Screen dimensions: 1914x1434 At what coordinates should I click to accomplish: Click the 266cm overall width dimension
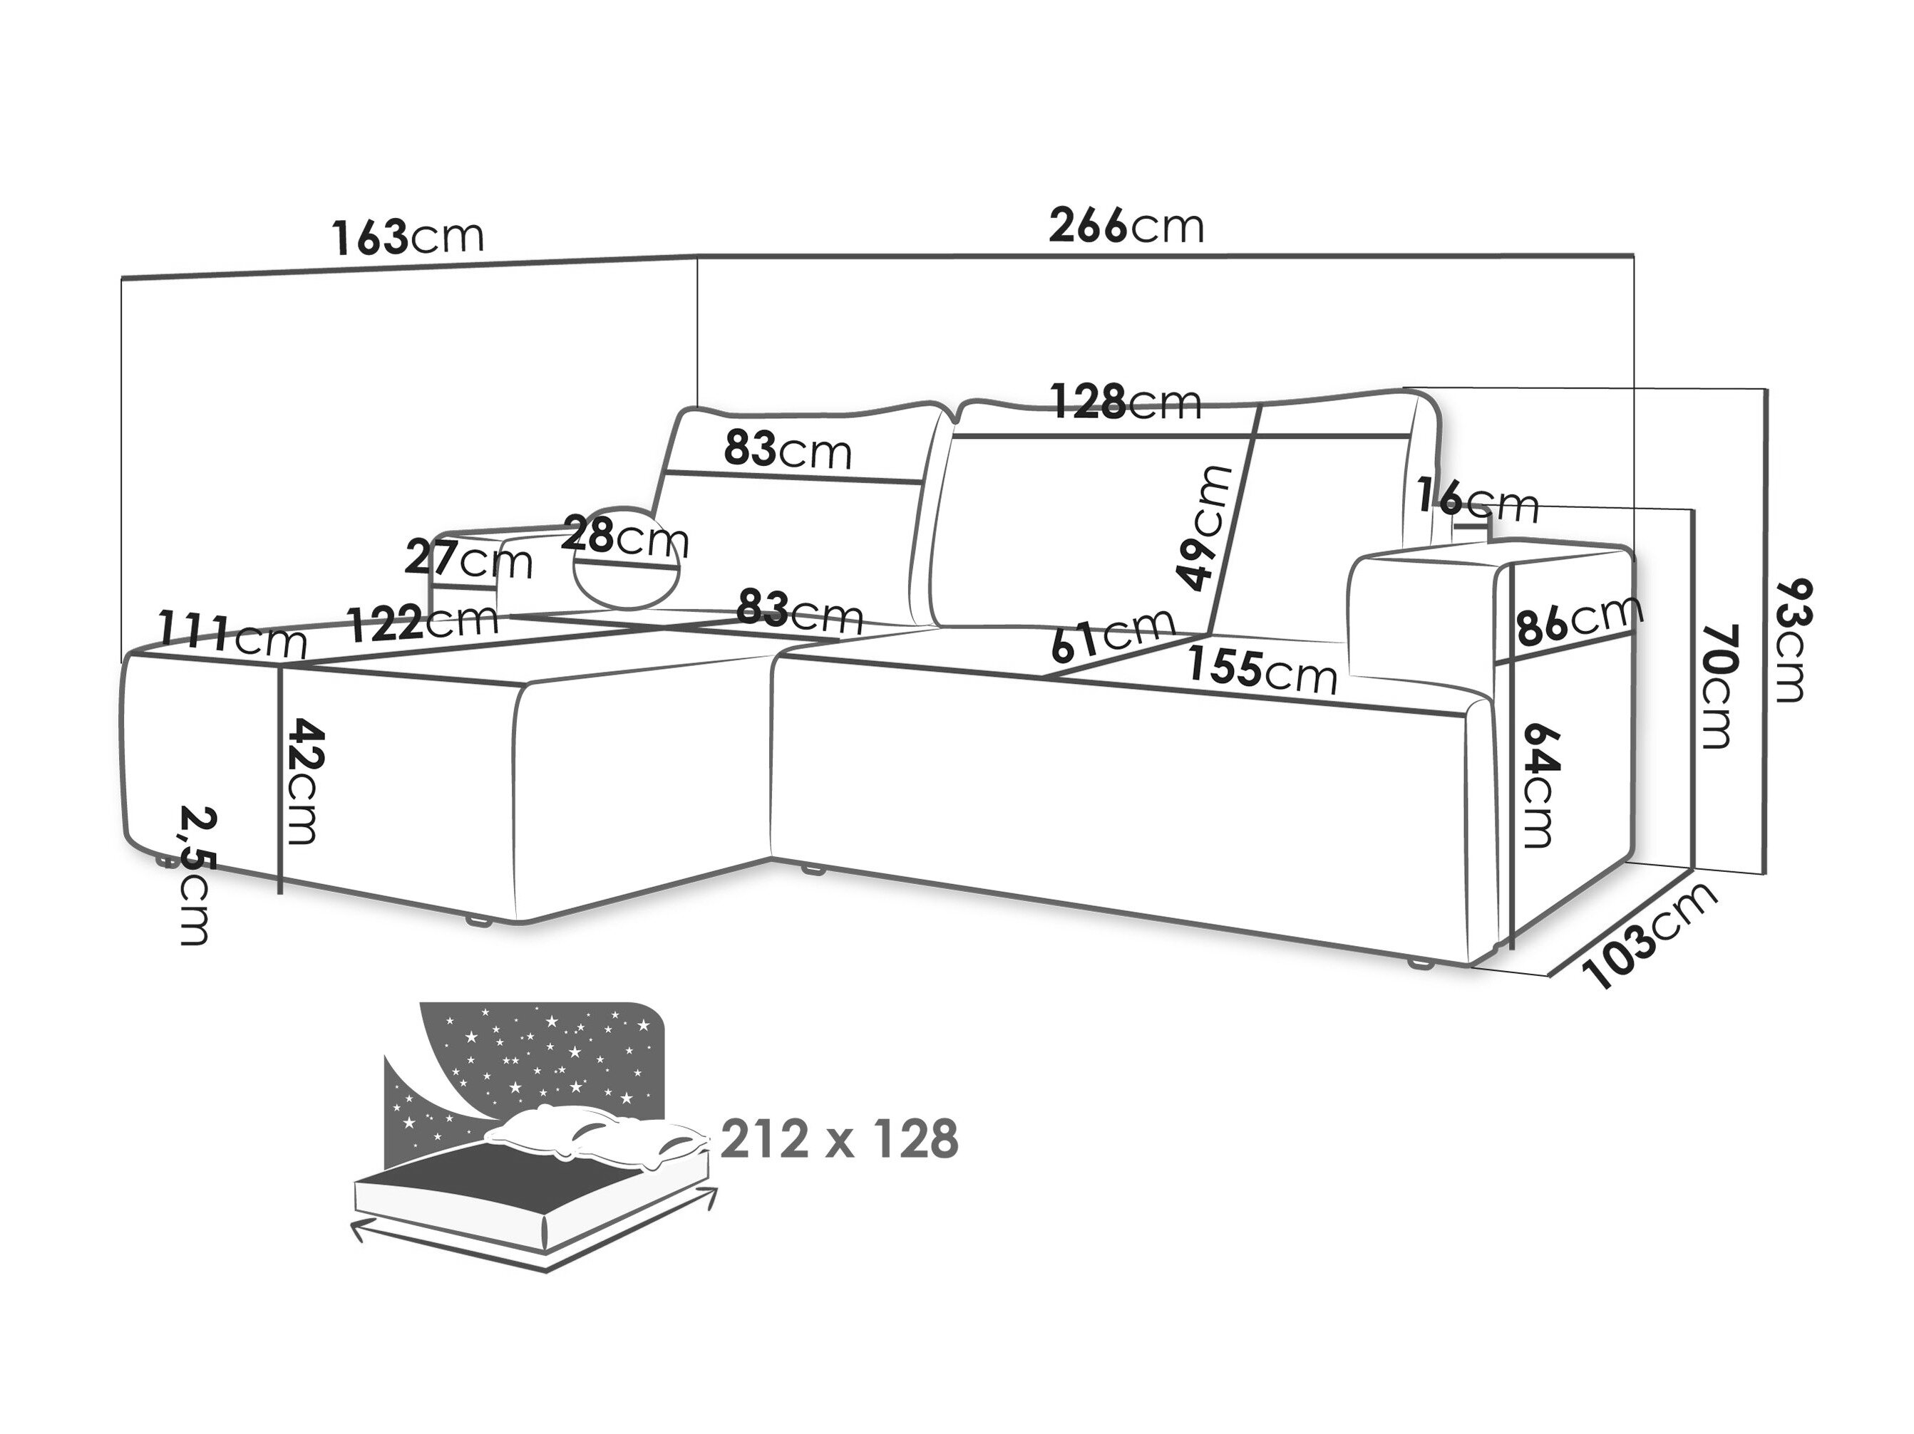point(1126,227)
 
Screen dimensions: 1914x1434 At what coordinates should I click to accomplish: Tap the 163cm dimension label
point(408,236)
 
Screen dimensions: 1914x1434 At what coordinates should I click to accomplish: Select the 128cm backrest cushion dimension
point(1126,401)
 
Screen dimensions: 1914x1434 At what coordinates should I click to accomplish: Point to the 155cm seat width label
point(1262,670)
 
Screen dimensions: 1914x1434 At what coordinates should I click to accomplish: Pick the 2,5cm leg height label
point(197,876)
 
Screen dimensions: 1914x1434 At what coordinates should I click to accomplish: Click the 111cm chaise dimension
point(232,635)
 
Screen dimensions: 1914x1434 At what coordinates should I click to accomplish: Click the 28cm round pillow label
point(624,537)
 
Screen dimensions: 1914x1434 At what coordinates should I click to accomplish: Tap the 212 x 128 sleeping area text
point(839,1138)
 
